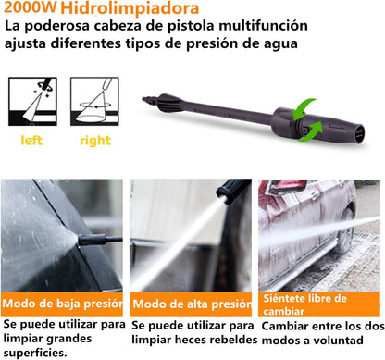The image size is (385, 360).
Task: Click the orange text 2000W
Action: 30,7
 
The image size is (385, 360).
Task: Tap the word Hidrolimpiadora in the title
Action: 130,8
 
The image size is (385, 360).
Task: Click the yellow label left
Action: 31,141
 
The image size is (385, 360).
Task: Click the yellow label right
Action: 95,142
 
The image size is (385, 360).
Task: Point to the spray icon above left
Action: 32,102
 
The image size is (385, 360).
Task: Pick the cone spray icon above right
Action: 94,102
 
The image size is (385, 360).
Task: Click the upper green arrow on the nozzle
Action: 303,109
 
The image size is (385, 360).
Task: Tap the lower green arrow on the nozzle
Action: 311,131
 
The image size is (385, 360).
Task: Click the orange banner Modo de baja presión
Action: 62,304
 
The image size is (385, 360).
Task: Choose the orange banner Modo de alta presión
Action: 191,304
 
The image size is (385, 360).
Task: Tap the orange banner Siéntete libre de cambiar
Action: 319,304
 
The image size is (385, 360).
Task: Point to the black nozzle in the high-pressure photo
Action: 232,191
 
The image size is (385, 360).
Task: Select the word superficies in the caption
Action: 35,353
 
